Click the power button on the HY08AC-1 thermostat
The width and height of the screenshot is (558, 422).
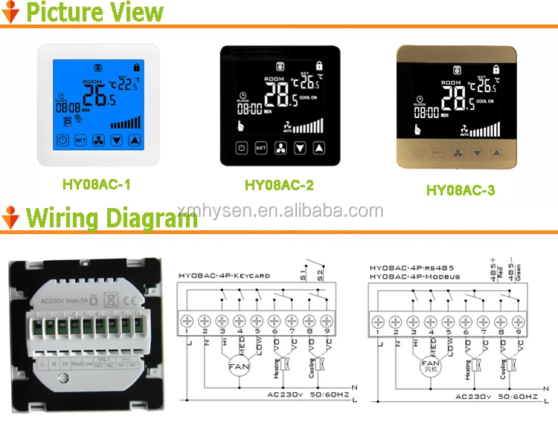pos(62,139)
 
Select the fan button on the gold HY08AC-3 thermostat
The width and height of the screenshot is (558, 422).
pos(455,152)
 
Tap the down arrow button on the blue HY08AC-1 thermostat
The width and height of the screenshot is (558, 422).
pos(116,139)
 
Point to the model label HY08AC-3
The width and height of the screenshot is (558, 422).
pos(460,190)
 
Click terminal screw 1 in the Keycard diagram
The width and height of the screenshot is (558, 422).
pos(186,321)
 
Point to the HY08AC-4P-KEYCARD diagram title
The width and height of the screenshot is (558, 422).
pos(224,276)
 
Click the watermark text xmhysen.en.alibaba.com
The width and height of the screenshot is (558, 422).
pos(280,211)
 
